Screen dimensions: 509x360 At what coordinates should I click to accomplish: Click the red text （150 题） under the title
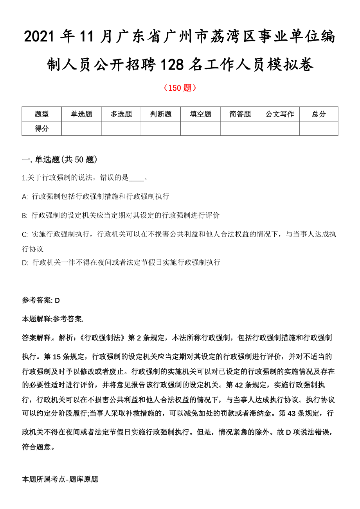point(180,88)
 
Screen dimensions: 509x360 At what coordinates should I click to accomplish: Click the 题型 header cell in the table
point(42,114)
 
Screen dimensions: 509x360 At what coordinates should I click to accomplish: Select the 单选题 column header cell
point(81,114)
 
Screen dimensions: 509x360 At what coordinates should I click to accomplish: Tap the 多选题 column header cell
point(121,114)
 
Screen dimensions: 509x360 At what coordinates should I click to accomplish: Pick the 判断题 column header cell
point(161,114)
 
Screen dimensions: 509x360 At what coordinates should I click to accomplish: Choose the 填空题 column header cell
point(200,114)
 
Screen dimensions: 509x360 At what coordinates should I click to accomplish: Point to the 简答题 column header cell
point(240,114)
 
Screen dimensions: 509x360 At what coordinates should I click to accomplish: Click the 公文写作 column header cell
point(280,114)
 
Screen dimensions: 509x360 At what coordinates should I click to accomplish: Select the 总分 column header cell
point(319,114)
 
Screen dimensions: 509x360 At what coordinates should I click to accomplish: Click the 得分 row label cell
point(42,128)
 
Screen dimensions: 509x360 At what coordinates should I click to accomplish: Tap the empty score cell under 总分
point(319,128)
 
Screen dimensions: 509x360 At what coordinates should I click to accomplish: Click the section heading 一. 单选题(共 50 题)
point(59,160)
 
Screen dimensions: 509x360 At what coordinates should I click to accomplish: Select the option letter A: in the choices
point(25,197)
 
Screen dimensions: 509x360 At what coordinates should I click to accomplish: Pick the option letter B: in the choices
point(25,215)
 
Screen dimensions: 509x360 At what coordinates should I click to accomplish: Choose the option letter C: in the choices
point(25,235)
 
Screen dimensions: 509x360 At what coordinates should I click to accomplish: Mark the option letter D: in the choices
point(25,263)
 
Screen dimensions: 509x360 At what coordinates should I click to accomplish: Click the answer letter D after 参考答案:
point(57,300)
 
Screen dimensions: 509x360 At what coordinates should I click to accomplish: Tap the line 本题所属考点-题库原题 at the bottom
point(60,479)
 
